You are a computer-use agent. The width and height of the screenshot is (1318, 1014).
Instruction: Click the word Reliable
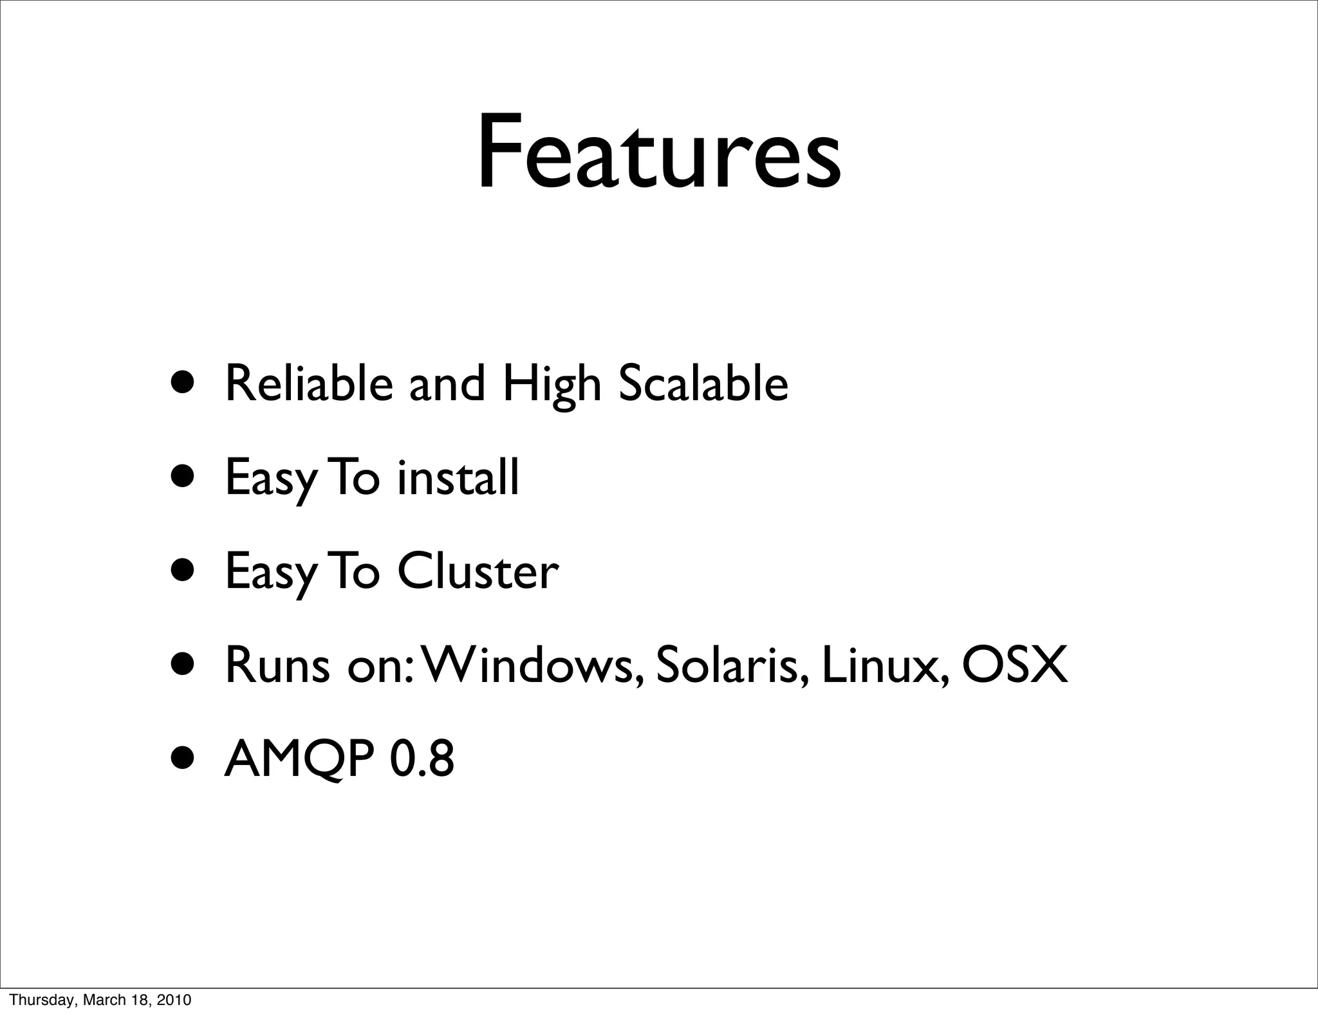click(x=309, y=383)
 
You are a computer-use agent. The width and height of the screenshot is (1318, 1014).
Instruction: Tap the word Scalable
click(x=703, y=383)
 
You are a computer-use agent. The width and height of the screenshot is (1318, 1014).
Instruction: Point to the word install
click(x=458, y=477)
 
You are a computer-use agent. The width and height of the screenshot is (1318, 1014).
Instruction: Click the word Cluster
click(x=478, y=571)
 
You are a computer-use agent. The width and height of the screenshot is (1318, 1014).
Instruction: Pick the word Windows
click(x=530, y=665)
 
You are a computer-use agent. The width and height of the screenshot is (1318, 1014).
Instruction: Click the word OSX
click(x=1015, y=665)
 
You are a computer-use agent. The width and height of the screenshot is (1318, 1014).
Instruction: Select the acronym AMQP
click(x=299, y=759)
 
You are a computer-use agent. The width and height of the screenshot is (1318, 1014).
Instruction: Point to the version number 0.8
click(x=422, y=759)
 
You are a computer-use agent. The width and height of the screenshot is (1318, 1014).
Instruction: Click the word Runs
click(x=277, y=665)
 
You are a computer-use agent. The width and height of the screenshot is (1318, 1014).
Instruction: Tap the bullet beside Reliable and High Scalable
click(x=185, y=384)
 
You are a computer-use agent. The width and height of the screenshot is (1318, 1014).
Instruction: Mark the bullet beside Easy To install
click(x=185, y=478)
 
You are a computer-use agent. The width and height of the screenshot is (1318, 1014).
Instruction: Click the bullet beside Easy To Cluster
click(x=185, y=572)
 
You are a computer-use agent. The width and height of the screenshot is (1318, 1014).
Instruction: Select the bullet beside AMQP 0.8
click(x=185, y=760)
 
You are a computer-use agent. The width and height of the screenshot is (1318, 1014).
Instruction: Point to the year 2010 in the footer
click(x=175, y=1000)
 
